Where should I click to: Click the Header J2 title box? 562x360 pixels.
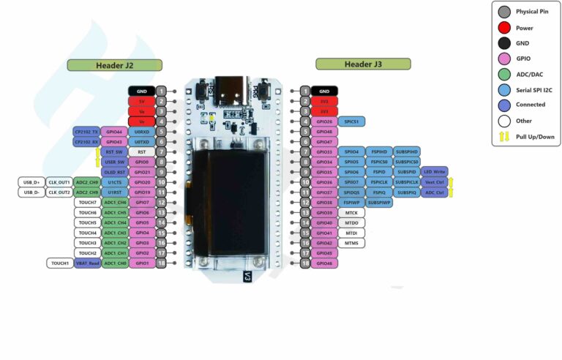click(114, 65)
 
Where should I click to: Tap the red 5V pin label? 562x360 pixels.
click(141, 101)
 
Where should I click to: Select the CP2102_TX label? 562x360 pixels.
click(86, 131)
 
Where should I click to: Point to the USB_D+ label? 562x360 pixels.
click(31, 182)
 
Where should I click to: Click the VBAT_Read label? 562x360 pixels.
click(86, 263)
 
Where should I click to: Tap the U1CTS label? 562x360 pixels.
click(114, 182)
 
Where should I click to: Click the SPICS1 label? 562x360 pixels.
click(351, 121)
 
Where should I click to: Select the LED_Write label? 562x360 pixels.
click(434, 172)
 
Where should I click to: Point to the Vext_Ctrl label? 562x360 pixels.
click(434, 182)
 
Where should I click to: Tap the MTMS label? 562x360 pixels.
click(351, 243)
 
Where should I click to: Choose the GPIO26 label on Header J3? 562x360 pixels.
click(324, 121)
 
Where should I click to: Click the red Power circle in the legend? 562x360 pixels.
click(504, 28)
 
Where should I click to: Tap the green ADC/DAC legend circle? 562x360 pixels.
click(504, 74)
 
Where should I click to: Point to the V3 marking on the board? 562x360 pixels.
click(247, 277)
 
